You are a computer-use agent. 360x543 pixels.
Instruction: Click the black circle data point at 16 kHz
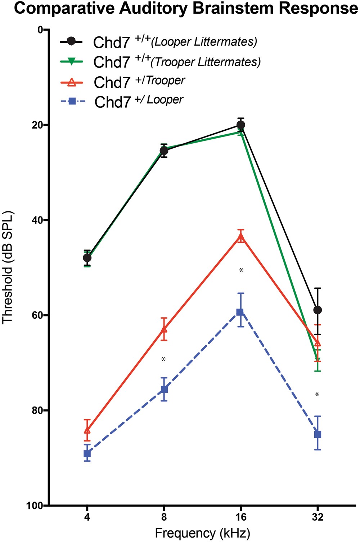point(241,125)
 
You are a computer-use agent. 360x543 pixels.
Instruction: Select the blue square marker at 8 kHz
point(164,389)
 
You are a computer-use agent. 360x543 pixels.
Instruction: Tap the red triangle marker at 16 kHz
point(241,238)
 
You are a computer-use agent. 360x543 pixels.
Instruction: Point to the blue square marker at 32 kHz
point(318,434)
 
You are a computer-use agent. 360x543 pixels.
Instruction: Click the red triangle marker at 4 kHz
point(87,430)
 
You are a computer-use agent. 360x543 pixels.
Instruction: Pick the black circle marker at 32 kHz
point(318,310)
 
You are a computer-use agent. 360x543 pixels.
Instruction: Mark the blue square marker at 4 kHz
point(87,453)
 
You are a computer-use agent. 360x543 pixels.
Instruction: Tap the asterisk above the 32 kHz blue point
point(317,395)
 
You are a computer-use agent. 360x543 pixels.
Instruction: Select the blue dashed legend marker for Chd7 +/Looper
point(72,102)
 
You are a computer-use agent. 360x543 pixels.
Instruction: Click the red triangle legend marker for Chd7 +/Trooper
point(72,82)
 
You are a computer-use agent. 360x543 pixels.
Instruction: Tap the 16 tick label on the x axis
point(241,517)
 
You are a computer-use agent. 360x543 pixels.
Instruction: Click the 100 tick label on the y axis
point(34,506)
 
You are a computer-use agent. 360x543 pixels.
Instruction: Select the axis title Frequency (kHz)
point(202,533)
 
